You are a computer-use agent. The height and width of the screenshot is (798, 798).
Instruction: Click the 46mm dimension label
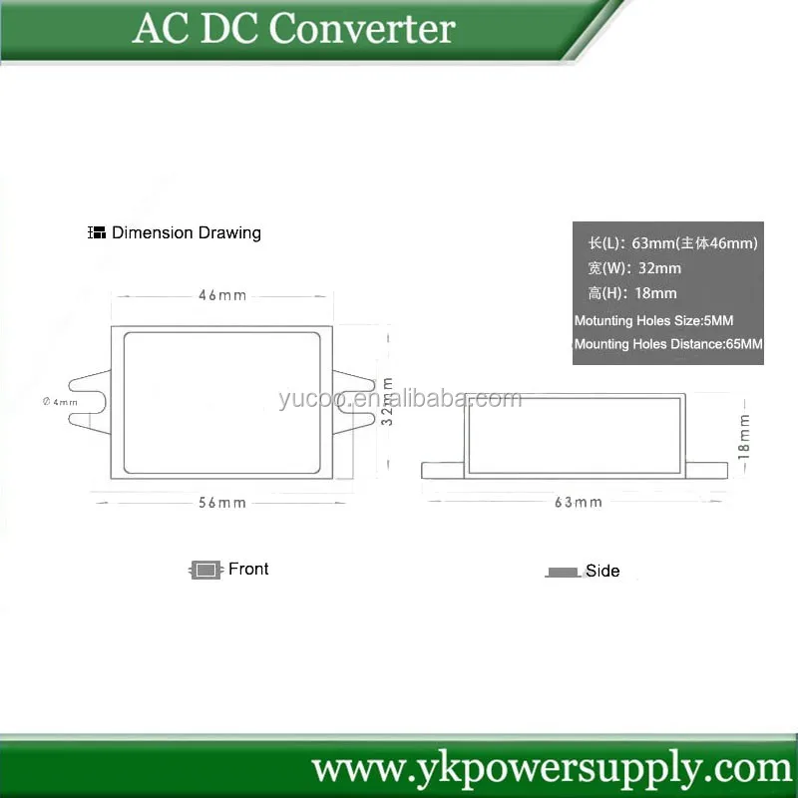(221, 295)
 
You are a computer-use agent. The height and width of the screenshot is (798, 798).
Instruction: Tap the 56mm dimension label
(221, 503)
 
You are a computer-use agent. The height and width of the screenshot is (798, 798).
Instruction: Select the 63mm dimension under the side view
(579, 502)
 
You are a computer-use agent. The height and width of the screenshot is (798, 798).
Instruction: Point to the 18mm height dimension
(743, 436)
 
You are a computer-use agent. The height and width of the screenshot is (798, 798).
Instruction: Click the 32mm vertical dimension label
(388, 401)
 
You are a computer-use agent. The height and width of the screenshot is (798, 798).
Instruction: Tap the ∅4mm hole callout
(60, 402)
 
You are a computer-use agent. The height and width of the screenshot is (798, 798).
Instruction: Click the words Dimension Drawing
(187, 232)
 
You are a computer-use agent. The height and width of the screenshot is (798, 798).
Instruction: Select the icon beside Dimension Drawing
(97, 232)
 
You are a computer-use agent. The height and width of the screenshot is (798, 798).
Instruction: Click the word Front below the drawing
(248, 569)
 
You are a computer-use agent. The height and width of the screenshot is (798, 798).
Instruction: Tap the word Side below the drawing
(602, 571)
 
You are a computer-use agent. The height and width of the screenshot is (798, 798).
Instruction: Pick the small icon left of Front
(204, 570)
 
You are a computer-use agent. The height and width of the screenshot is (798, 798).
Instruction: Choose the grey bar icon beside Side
(563, 573)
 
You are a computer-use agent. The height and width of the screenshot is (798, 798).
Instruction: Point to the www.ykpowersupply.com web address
(552, 768)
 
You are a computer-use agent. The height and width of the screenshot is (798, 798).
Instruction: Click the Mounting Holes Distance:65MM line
(668, 344)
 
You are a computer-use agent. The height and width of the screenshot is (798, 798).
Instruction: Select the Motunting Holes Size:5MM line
(653, 320)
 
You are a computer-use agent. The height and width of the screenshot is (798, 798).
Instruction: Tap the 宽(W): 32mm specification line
(634, 268)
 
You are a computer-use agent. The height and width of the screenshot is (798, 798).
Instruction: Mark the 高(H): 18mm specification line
(632, 293)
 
